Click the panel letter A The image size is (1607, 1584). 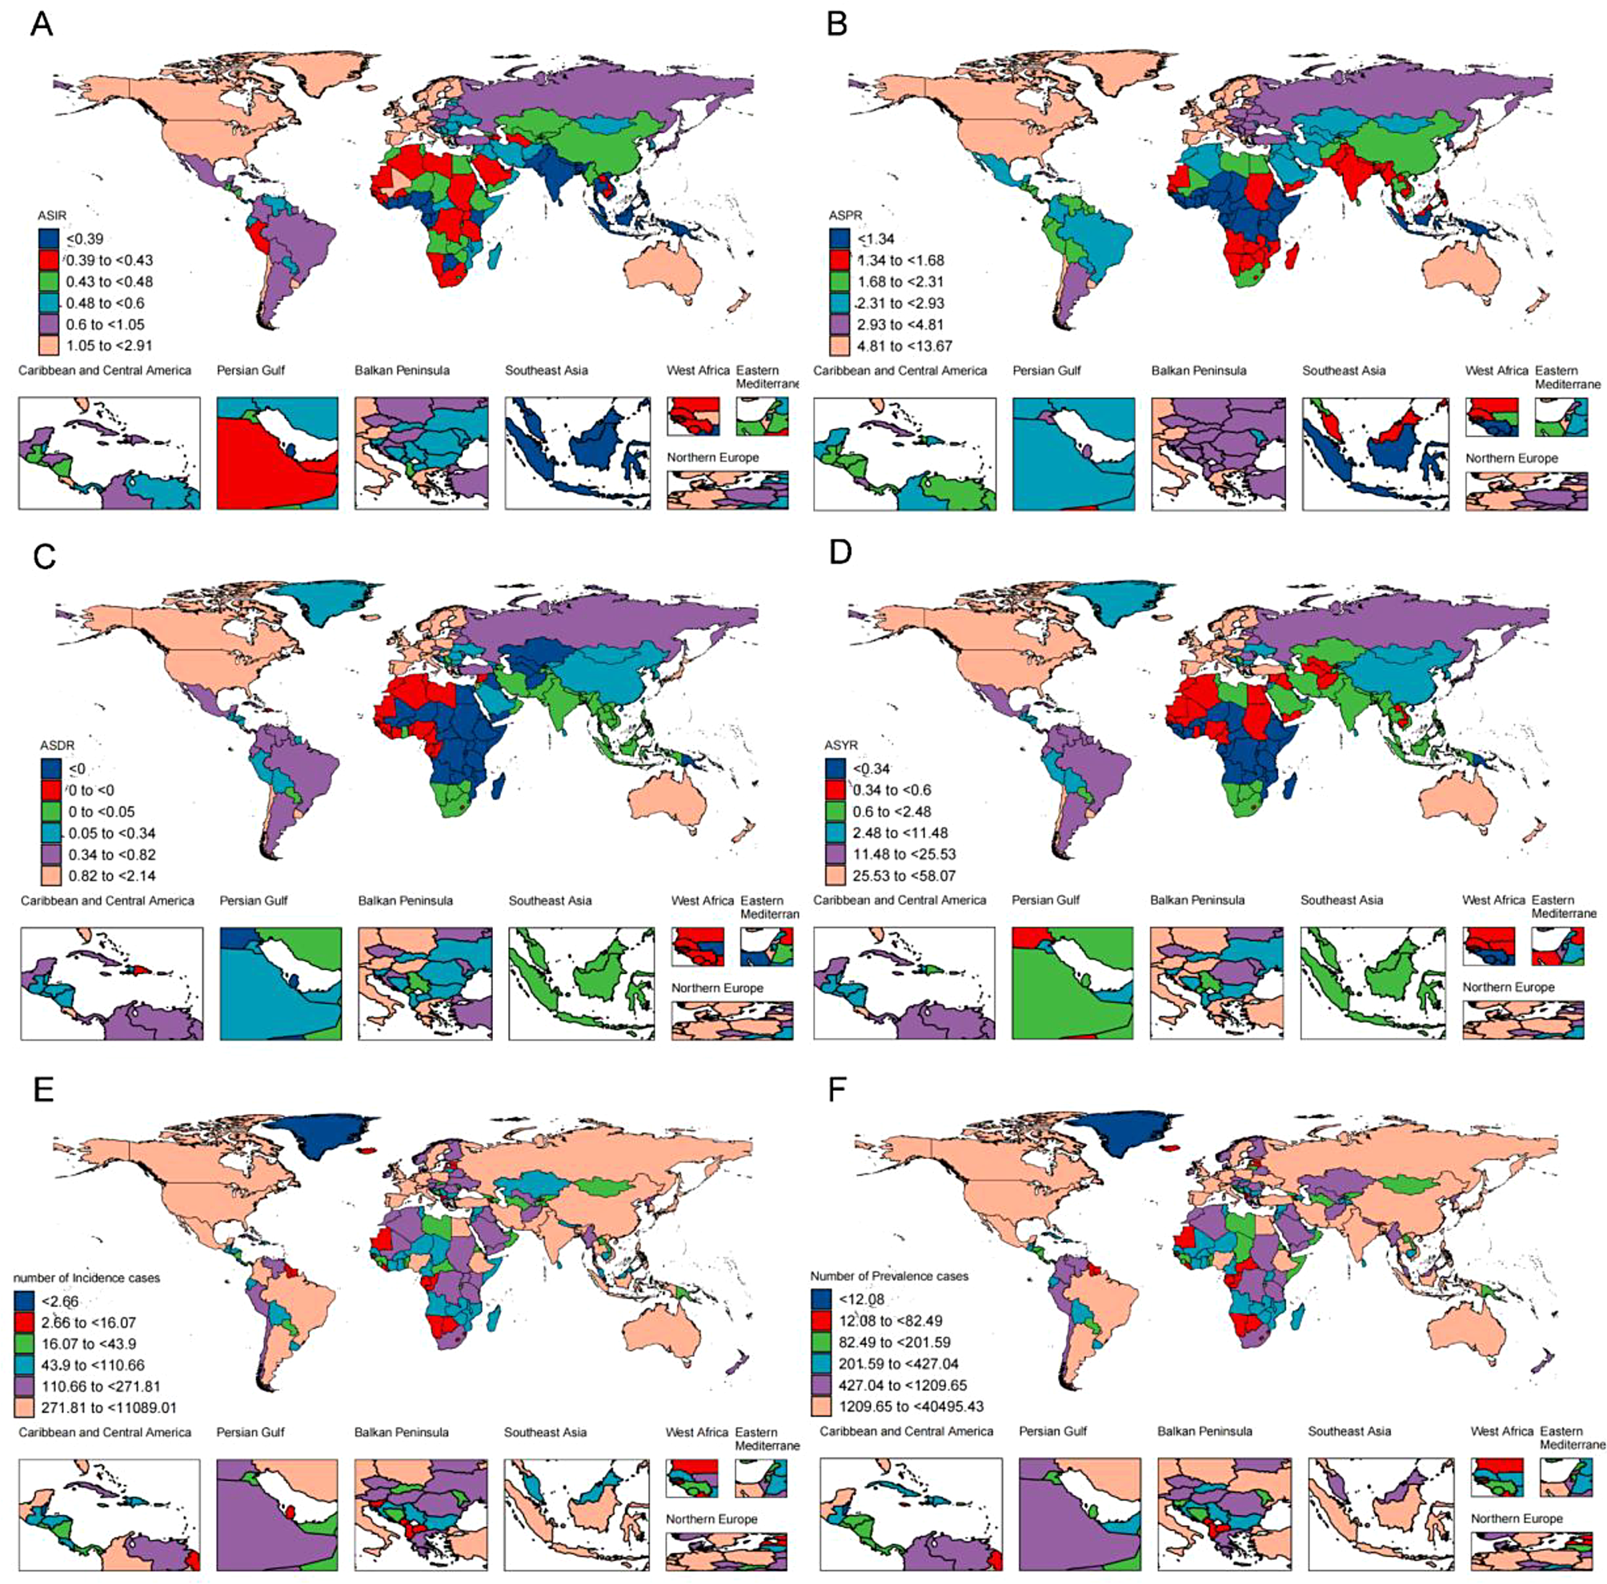(41, 24)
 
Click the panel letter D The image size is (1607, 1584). (840, 551)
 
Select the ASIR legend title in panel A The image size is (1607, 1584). (51, 215)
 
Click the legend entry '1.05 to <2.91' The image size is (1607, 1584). (109, 345)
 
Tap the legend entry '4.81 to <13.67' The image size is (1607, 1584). (904, 345)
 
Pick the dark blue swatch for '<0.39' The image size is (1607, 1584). (49, 239)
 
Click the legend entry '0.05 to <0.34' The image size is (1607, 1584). (111, 832)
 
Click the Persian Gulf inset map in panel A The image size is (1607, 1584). (277, 453)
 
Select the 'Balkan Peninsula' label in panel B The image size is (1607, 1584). (1199, 371)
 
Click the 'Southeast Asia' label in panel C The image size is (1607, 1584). (550, 900)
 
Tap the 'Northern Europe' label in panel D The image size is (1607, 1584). (1508, 987)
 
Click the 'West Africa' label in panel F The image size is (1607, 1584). (1501, 1431)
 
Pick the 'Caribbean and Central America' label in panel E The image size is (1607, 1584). (105, 1432)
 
